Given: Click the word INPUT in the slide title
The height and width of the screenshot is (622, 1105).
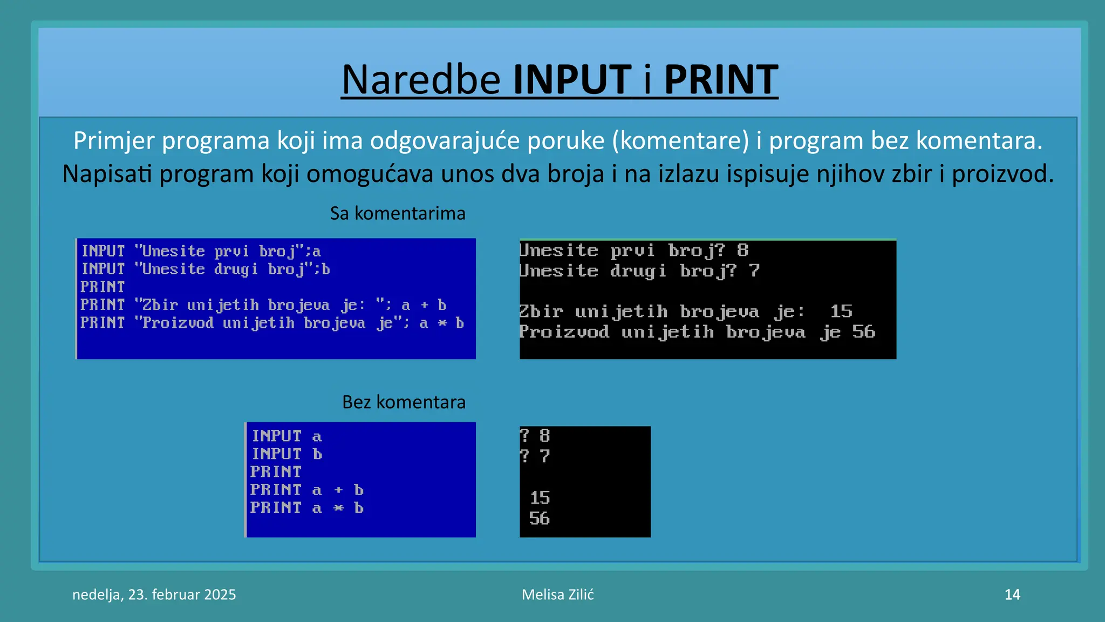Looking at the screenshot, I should pyautogui.click(x=572, y=80).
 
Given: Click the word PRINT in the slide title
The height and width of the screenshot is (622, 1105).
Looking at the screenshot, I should pyautogui.click(x=721, y=80).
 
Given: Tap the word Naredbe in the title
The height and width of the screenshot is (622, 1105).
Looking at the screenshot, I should pyautogui.click(x=421, y=80).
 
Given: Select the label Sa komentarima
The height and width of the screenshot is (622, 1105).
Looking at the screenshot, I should pyautogui.click(x=398, y=213).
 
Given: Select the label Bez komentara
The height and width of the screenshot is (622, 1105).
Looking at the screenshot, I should pyautogui.click(x=404, y=402).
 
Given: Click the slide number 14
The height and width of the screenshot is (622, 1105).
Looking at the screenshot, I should pyautogui.click(x=1012, y=594).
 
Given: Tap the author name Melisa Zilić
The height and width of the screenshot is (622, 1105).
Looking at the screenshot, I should pyautogui.click(x=557, y=594).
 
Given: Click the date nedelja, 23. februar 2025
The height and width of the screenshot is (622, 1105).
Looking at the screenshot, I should pyautogui.click(x=154, y=594).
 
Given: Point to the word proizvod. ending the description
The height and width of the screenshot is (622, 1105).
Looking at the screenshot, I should pyautogui.click(x=1002, y=174).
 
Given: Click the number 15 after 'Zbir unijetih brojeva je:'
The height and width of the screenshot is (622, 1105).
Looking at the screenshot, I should pyautogui.click(x=841, y=312).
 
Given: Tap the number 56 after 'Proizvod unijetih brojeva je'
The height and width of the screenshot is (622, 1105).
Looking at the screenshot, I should pyautogui.click(x=864, y=332).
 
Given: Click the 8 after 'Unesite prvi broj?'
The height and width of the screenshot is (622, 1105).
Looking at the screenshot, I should pyautogui.click(x=743, y=250).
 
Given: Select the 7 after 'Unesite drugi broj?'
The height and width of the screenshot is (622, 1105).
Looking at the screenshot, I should pyautogui.click(x=754, y=271).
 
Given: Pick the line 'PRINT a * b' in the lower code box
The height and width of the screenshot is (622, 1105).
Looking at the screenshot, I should pyautogui.click(x=306, y=508).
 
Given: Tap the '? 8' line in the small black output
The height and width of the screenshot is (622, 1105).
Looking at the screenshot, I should pyautogui.click(x=535, y=436).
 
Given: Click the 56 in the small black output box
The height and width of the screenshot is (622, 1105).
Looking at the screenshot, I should pyautogui.click(x=540, y=518).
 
